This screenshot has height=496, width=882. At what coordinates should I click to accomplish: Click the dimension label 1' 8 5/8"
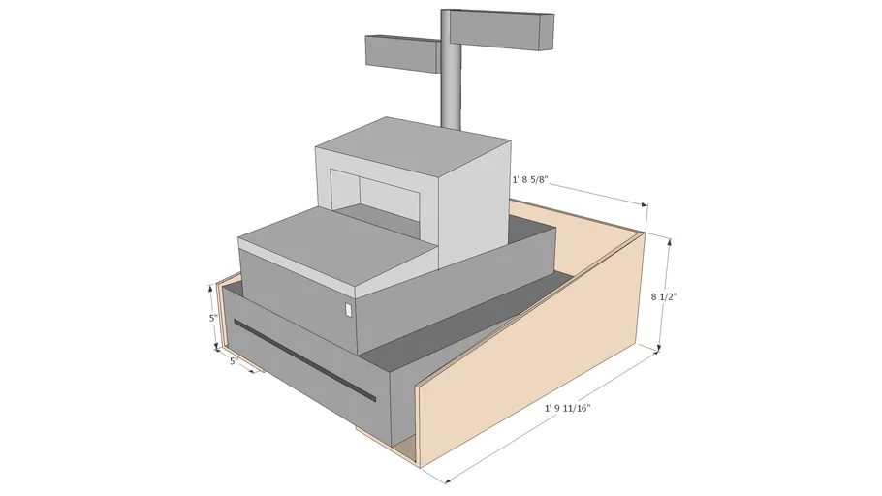535,180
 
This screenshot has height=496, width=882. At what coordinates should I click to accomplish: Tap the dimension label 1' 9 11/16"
567,408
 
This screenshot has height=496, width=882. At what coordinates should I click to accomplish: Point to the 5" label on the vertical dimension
212,318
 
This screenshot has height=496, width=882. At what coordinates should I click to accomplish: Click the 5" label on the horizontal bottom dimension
235,361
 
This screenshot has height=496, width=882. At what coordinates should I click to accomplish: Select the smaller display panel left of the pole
401,51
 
